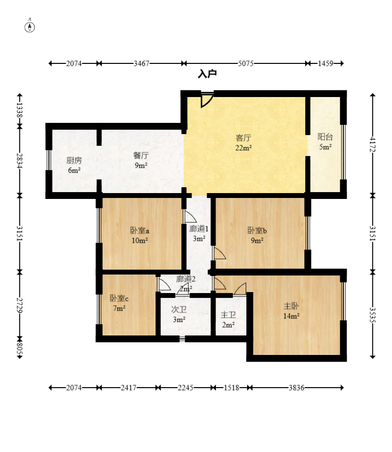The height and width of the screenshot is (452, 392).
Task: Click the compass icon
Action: click(x=29, y=27)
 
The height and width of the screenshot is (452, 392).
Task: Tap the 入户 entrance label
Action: click(x=207, y=74)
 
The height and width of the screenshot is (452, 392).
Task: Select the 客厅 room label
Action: click(x=244, y=138)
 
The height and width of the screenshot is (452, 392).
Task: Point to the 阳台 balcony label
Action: click(x=325, y=137)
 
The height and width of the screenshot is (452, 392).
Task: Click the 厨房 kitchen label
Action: click(x=74, y=160)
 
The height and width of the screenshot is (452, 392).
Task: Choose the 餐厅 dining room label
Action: click(x=141, y=156)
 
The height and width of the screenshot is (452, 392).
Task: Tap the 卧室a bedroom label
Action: click(x=140, y=230)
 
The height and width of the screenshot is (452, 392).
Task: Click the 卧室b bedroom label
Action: click(x=257, y=230)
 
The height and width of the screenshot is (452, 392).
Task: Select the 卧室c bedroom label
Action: click(x=119, y=298)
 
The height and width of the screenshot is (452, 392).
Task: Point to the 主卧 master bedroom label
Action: click(x=291, y=306)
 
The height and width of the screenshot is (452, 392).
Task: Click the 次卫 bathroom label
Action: click(x=179, y=309)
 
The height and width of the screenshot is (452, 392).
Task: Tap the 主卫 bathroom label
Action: click(x=228, y=315)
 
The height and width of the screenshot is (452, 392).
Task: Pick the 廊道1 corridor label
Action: click(x=199, y=229)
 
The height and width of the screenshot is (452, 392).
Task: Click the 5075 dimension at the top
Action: click(x=246, y=63)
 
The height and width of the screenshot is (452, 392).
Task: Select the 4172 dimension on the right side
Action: click(x=372, y=144)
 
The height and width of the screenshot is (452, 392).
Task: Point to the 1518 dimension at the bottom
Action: click(x=232, y=388)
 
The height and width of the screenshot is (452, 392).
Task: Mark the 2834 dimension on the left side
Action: click(x=20, y=160)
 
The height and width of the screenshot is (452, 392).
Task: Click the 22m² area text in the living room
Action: click(x=244, y=148)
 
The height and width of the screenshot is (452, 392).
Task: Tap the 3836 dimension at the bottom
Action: click(x=296, y=388)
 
